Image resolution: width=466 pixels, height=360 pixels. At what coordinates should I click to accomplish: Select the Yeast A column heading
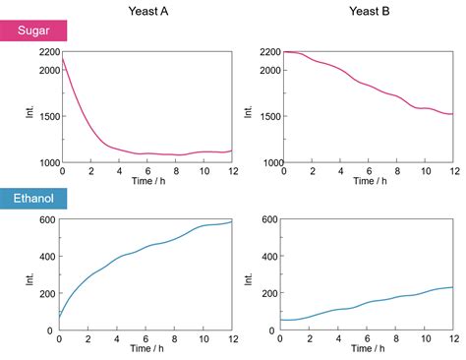click(147, 12)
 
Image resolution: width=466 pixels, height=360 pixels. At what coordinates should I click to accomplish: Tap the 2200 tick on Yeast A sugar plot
click(46, 51)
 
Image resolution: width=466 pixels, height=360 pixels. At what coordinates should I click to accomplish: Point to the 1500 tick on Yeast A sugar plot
click(46, 116)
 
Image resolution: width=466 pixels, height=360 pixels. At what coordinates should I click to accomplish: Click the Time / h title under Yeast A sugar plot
click(146, 182)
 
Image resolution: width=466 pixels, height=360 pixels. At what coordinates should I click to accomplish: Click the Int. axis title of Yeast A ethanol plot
click(29, 275)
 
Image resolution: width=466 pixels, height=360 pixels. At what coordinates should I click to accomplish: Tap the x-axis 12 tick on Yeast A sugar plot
click(232, 171)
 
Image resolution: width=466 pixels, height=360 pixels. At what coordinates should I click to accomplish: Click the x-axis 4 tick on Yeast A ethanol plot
click(118, 340)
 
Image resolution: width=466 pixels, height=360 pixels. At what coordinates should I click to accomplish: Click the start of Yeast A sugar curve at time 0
click(62, 58)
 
